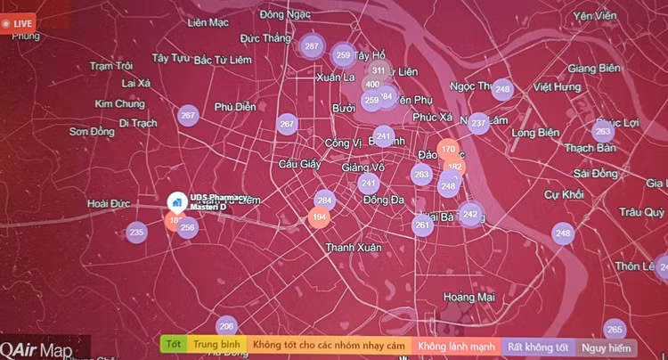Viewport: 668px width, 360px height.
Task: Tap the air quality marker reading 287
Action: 311,45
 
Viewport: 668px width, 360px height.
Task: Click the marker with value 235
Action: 136,233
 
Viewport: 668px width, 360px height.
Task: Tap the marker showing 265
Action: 615,329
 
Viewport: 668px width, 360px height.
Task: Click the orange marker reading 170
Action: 448,149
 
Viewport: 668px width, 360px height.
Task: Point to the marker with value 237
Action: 478,123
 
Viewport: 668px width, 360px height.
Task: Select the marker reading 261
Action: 422,225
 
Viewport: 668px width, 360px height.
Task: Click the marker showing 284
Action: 324,200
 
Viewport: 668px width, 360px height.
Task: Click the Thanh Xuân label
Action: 353,247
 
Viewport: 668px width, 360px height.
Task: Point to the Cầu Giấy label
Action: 299,164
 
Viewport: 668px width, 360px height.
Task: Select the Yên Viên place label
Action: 596,17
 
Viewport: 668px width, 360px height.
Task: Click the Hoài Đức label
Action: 110,204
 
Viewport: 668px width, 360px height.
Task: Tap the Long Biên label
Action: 536,133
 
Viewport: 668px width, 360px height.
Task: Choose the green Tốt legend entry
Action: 174,344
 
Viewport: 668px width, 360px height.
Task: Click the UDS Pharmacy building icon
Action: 175,200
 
